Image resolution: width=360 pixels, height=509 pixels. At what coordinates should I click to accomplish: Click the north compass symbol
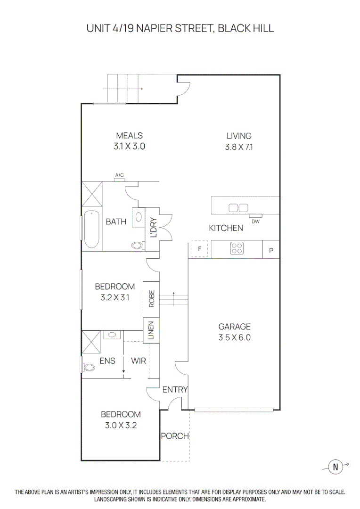click(x=336, y=467)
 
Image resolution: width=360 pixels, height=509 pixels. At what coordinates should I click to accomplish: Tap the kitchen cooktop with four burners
click(x=237, y=249)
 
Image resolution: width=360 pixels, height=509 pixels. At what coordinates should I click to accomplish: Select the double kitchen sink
click(x=238, y=208)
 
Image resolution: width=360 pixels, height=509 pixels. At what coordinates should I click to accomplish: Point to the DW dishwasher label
click(x=255, y=221)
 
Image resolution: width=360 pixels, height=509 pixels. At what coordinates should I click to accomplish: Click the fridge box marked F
click(x=199, y=249)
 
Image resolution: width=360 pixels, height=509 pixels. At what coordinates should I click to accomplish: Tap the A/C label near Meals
click(x=120, y=176)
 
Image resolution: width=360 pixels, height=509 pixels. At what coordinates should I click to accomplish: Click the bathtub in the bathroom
click(x=92, y=230)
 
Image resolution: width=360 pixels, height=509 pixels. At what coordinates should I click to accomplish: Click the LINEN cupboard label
click(x=151, y=330)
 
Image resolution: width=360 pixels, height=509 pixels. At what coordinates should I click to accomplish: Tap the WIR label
click(x=139, y=361)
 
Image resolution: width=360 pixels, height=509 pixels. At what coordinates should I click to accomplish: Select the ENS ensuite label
click(x=107, y=361)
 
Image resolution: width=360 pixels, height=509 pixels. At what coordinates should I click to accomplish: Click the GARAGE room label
click(x=234, y=326)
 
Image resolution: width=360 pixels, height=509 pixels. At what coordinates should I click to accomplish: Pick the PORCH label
click(x=175, y=436)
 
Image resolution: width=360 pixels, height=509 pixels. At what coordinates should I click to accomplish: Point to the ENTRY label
click(x=175, y=390)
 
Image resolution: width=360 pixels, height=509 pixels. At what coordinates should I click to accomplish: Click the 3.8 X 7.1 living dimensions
click(x=239, y=147)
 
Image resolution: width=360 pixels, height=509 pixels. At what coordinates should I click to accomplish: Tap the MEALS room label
click(x=129, y=136)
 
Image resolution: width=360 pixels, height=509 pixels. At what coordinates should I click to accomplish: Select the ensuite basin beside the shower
click(x=112, y=335)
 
